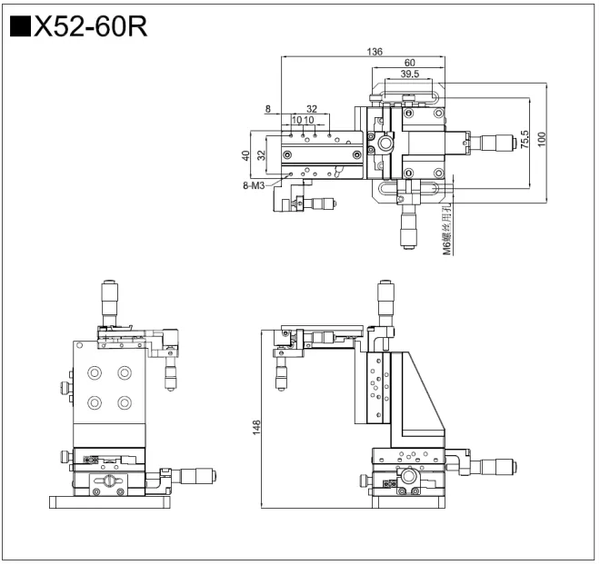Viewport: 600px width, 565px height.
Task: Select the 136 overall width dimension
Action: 374,52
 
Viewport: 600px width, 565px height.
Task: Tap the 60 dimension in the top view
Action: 411,63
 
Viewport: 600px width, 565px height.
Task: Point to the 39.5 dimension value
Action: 409,74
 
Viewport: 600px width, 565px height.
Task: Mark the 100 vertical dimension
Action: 542,140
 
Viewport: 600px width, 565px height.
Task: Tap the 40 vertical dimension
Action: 245,155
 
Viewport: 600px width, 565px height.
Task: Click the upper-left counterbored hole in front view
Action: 94,372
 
